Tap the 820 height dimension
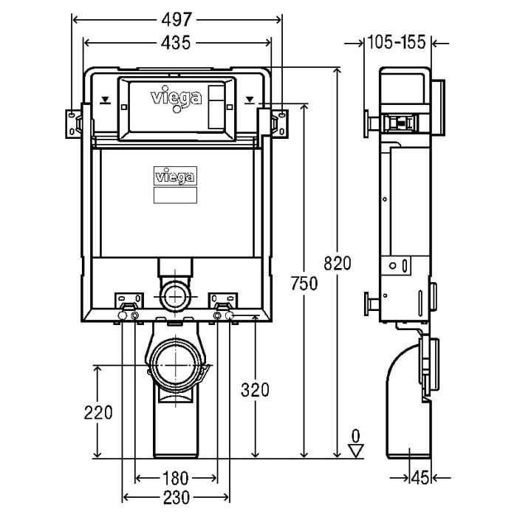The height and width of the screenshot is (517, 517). (340, 263)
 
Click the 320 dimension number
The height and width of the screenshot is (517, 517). (254, 388)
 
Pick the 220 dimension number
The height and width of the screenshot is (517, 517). (97, 412)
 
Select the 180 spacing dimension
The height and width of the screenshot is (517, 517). (176, 476)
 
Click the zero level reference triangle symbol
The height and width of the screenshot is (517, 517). (356, 449)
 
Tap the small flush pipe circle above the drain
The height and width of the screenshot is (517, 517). (175, 297)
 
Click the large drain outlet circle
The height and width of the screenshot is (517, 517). (176, 364)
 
